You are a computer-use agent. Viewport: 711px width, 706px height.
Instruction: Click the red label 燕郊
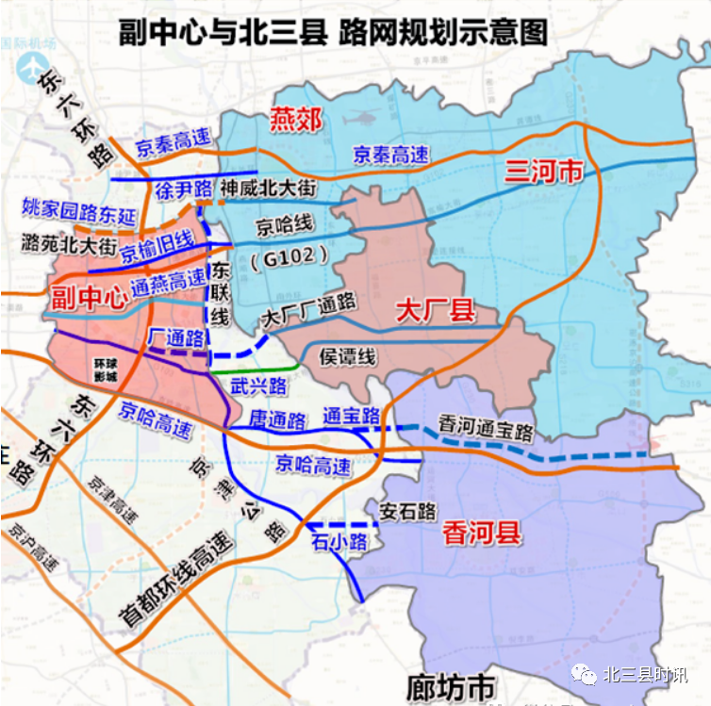(x=296, y=120)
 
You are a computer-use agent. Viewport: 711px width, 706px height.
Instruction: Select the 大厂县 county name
(x=435, y=310)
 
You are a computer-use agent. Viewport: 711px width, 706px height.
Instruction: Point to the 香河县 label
(x=481, y=534)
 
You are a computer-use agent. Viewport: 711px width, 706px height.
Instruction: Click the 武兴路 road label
(x=258, y=385)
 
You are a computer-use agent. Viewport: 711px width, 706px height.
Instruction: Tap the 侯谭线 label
(x=348, y=356)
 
